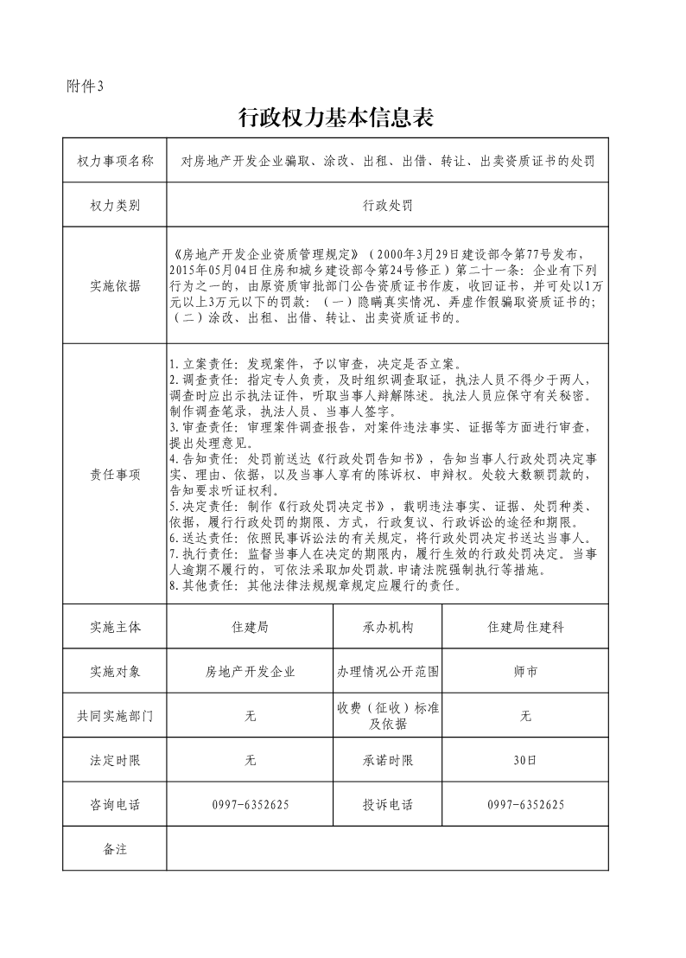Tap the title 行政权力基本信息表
[335, 118]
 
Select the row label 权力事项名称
[115, 161]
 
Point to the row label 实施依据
[115, 286]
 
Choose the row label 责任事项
[115, 475]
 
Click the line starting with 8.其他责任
[315, 585]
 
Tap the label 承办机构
[388, 627]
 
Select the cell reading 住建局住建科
[525, 627]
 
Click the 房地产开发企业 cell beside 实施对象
[251, 671]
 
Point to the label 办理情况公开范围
[388, 671]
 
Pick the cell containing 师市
[525, 671]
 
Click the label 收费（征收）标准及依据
[388, 716]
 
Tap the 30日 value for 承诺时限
[525, 761]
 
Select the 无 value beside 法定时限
[251, 761]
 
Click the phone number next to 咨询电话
[251, 805]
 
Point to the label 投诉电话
[388, 805]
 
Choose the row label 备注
[115, 849]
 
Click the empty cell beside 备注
[387, 849]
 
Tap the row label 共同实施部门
[115, 716]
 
